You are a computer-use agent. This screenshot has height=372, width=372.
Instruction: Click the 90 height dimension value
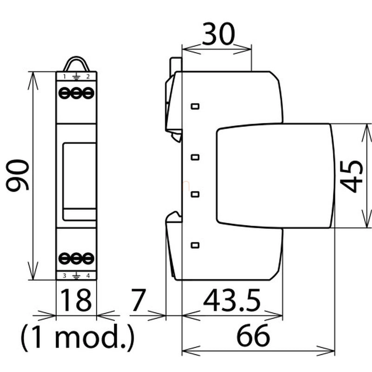click(17, 176)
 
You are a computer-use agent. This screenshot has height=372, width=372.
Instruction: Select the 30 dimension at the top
click(218, 34)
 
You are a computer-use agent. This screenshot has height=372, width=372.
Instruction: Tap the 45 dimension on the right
click(352, 176)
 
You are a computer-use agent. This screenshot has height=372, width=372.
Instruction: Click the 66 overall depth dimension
click(253, 335)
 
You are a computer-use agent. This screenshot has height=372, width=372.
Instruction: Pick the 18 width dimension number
click(76, 300)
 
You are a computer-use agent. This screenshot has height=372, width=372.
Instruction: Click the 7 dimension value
click(138, 300)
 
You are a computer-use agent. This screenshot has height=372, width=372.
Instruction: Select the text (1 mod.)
click(78, 337)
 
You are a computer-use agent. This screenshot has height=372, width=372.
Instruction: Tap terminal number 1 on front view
click(64, 77)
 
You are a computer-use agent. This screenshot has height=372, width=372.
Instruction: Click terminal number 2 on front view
click(88, 77)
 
